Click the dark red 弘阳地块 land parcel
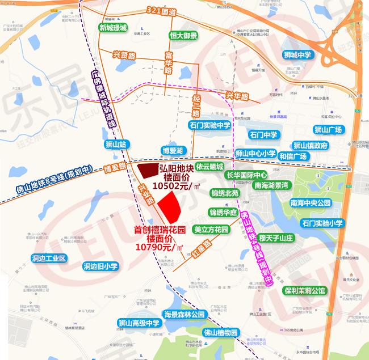pyautogui.click(x=149, y=170)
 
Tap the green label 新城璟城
pyautogui.click(x=113, y=27)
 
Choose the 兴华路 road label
pyautogui.click(x=238, y=97)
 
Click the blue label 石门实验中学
pyautogui.click(x=211, y=125)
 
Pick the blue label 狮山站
pyautogui.click(x=119, y=145)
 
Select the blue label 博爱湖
pyautogui.click(x=172, y=151)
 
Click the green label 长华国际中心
pyautogui.click(x=247, y=175)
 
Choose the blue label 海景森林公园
pyautogui.click(x=183, y=315)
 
